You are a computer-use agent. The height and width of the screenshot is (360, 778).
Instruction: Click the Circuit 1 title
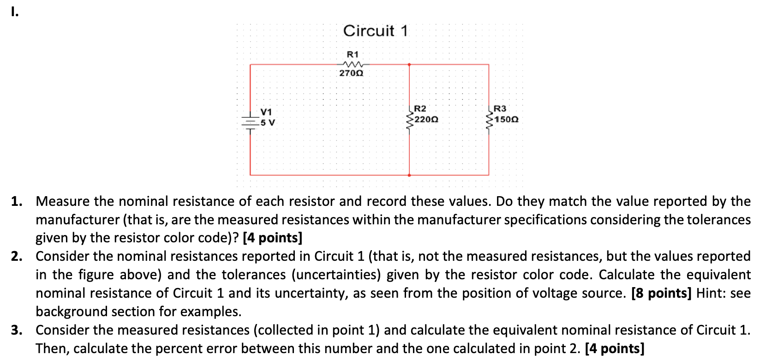click(x=375, y=31)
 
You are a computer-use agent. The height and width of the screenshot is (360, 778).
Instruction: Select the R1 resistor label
click(x=353, y=54)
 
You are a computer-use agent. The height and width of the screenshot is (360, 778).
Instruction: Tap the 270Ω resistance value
click(x=351, y=73)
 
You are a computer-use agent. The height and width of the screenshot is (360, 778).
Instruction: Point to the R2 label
click(x=420, y=108)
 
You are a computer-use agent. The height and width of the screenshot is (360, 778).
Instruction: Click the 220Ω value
click(x=426, y=120)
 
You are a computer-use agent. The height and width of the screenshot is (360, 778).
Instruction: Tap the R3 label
click(x=500, y=108)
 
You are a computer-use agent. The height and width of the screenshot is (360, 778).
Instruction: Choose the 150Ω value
click(x=506, y=120)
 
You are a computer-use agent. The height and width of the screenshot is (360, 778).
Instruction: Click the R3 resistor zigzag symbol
click(x=489, y=119)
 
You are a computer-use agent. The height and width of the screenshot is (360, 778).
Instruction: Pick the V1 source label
click(x=266, y=112)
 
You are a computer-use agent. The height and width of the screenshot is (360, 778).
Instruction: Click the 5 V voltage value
click(x=267, y=123)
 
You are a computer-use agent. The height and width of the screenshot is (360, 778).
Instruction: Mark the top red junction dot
click(x=409, y=65)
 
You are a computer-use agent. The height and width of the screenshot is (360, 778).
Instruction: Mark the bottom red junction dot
click(x=409, y=175)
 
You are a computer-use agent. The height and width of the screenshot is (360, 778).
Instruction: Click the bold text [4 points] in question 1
click(x=272, y=238)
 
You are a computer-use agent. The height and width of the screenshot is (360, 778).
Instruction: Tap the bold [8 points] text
click(x=661, y=293)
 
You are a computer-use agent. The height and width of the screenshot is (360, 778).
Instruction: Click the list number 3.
click(x=17, y=330)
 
